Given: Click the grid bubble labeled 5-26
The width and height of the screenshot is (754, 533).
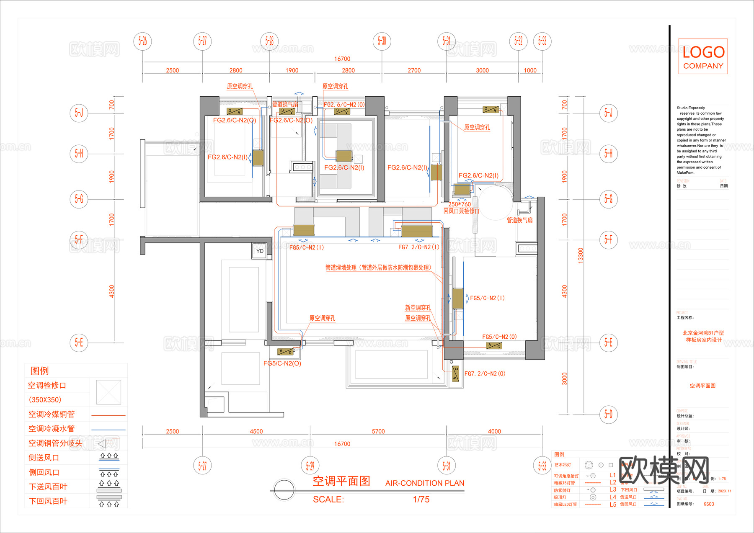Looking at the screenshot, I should point(143,41).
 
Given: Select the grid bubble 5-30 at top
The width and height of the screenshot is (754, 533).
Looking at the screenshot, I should point(382,41).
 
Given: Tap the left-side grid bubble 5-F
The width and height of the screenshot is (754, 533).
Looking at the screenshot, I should point(79,239).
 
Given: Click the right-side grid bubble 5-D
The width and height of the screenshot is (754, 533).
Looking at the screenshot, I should point(608,415).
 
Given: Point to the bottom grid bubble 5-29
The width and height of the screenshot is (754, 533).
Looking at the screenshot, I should point(310,466).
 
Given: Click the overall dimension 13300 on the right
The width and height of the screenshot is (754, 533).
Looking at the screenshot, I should point(581,255).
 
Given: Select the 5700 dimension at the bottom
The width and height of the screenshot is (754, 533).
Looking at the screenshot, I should point(378,431).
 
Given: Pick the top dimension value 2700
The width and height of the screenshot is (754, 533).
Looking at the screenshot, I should point(414,70).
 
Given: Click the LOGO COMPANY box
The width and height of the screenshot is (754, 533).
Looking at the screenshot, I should point(703,57).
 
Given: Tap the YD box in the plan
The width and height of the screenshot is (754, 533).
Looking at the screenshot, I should point(260,251).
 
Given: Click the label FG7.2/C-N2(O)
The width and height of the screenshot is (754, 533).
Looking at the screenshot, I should point(485,373).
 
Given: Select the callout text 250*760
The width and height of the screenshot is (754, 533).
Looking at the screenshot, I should point(460,204).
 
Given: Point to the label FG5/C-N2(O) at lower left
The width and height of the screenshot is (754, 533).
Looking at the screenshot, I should point(282,363).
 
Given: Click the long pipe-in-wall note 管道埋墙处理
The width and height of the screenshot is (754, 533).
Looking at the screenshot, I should point(378,268).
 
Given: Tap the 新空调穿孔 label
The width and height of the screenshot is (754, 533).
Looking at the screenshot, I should point(418,308).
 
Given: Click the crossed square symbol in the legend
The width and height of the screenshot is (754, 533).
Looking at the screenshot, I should point(108,392).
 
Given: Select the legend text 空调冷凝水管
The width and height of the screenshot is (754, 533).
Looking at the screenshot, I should point(52,429).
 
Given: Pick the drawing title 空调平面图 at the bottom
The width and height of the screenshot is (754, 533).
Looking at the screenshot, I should point(341,481).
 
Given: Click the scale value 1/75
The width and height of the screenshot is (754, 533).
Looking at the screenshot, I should point(421,499).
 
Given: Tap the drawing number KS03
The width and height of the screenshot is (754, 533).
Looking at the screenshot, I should point(709,504).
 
